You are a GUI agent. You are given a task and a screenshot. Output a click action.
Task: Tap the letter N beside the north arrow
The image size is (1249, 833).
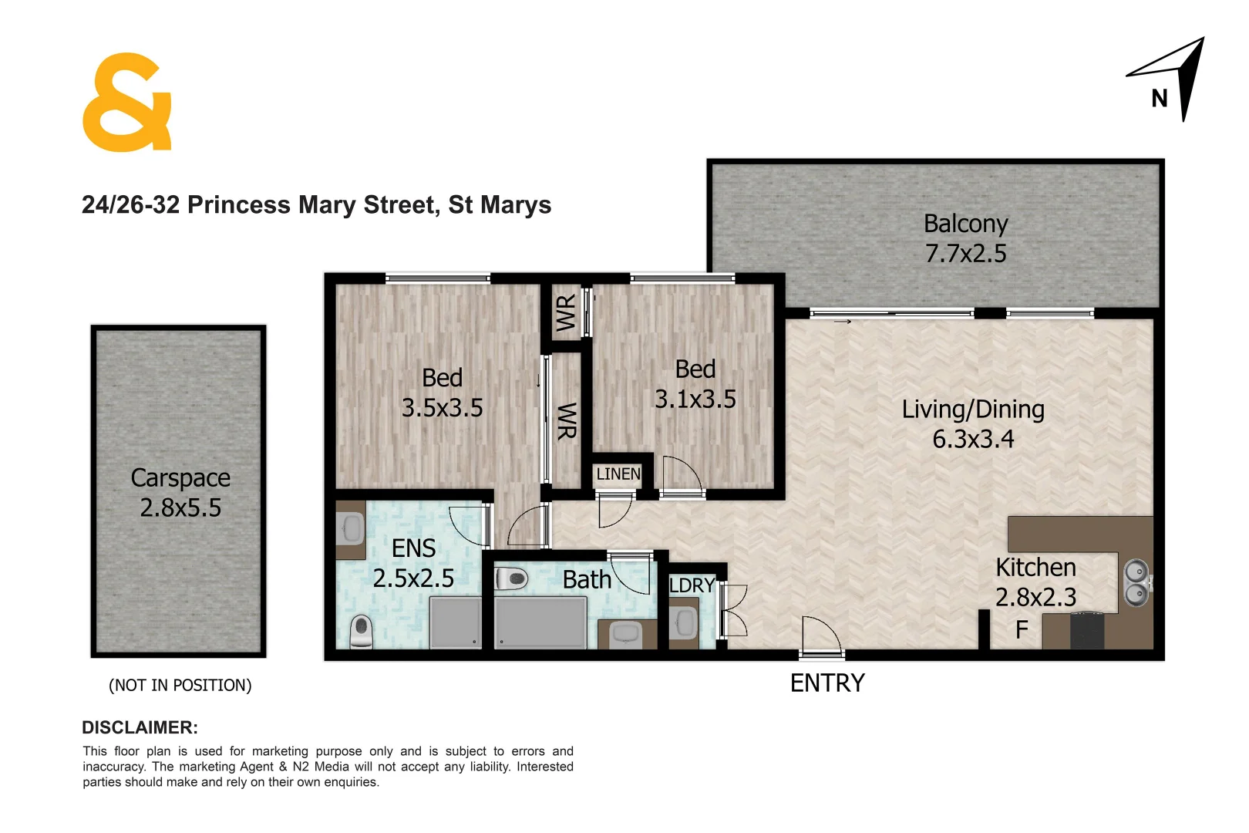coord(1159,99)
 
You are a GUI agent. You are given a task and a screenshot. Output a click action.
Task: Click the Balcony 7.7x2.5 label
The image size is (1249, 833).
coord(965,238)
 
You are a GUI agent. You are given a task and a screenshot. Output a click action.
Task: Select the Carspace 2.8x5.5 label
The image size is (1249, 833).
coord(180,493)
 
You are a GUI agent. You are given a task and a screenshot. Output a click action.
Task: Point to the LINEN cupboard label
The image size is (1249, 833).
coord(618,474)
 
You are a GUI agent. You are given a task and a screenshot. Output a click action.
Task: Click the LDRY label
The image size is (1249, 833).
coord(691,585)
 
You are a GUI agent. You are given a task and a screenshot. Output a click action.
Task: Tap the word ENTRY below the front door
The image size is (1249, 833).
coord(827,683)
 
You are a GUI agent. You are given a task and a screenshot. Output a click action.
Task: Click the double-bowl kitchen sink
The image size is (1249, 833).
coord(1136,583)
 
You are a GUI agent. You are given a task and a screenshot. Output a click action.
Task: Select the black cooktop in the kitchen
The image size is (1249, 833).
coord(1087,629)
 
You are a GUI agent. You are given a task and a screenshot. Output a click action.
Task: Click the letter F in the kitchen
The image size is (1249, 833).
coord(1022,630)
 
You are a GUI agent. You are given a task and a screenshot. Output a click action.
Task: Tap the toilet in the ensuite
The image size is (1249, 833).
coord(362,632)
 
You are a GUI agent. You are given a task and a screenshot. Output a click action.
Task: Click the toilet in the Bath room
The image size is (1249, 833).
coord(510,578)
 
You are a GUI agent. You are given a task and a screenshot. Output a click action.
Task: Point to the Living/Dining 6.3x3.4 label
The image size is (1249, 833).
coord(973,423)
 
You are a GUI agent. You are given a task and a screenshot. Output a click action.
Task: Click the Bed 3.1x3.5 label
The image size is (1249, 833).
coord(695,384)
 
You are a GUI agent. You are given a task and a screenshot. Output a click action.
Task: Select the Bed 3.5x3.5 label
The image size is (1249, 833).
coord(442,393)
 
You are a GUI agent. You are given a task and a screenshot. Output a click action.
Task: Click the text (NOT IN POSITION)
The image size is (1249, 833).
coord(180,685)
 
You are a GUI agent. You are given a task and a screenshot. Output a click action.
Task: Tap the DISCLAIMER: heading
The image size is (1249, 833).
coord(140,727)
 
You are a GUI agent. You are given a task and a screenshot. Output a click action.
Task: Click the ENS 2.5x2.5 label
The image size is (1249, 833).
coord(413,563)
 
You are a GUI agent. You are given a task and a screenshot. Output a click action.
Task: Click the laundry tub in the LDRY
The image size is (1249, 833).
coord(683,622)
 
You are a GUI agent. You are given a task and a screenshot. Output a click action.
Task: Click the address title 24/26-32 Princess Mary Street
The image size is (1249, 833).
coord(316,205)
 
